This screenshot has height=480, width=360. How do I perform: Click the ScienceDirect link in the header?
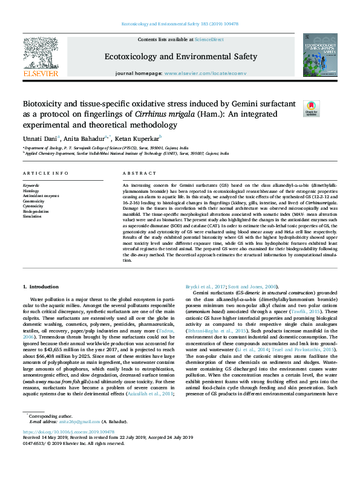point(209,39)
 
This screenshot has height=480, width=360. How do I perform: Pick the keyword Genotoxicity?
point(34,201)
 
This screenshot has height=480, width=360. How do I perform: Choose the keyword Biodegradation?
point(35,212)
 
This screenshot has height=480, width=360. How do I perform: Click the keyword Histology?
point(31,190)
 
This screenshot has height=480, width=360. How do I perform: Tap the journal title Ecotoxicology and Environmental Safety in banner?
point(181,57)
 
